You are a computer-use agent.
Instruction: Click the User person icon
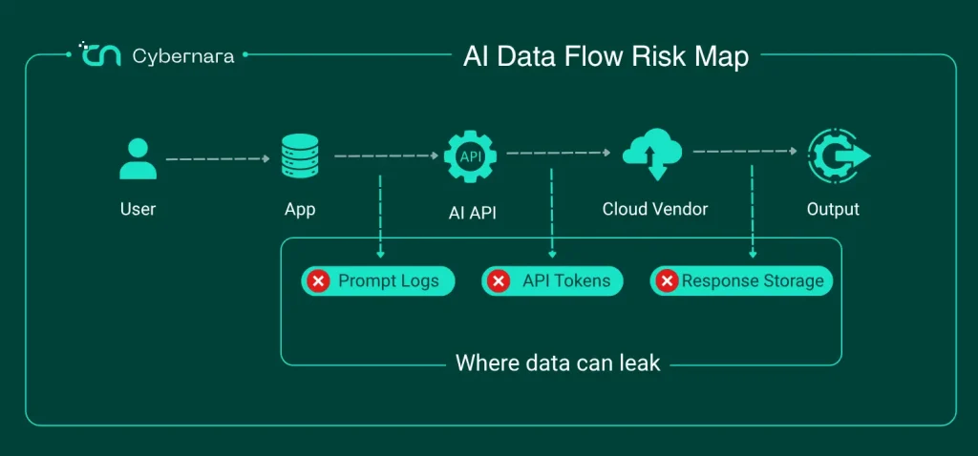click(x=138, y=159)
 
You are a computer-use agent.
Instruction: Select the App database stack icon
click(x=300, y=156)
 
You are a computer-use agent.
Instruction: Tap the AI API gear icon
click(x=470, y=156)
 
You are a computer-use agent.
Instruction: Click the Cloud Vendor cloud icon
click(x=652, y=154)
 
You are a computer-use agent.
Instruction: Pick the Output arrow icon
click(x=839, y=155)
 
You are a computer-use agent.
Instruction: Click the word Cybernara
click(x=183, y=56)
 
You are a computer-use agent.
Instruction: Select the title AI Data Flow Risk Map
click(x=606, y=56)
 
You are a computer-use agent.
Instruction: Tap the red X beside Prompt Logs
click(x=319, y=281)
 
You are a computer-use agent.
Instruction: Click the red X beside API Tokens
click(x=499, y=281)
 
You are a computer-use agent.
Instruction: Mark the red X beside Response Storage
click(x=667, y=281)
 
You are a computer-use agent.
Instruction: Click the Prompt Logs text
click(x=389, y=281)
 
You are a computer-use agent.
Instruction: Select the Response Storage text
click(x=753, y=281)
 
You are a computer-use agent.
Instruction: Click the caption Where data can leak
click(x=558, y=363)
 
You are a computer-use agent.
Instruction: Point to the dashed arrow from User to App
click(x=218, y=159)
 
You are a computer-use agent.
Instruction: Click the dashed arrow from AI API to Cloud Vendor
click(x=558, y=152)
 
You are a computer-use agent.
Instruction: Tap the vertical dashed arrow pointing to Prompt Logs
click(x=380, y=217)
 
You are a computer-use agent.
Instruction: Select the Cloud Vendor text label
click(x=655, y=209)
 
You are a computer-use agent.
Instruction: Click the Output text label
click(x=833, y=209)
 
